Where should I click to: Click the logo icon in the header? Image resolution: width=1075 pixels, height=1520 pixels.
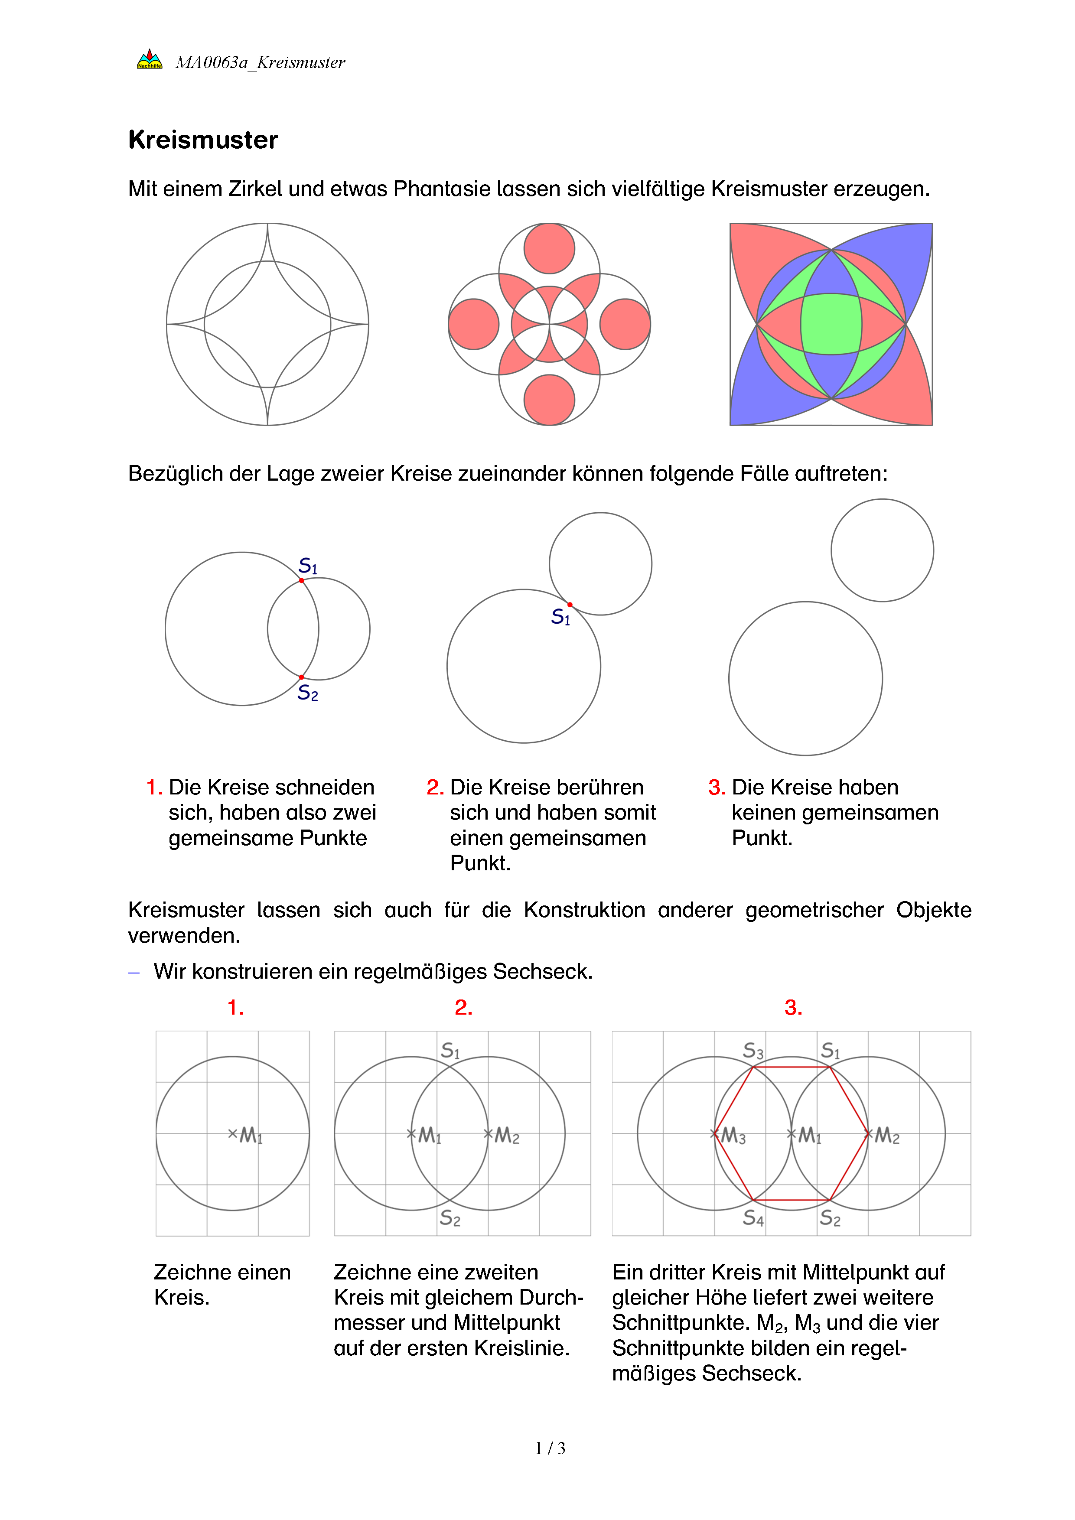[150, 59]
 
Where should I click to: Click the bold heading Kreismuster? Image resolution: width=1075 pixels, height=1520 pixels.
[203, 140]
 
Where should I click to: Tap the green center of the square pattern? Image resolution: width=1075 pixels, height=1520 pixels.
[831, 324]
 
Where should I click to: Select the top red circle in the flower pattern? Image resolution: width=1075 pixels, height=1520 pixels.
[549, 248]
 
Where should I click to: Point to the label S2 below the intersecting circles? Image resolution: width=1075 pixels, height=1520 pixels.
[308, 693]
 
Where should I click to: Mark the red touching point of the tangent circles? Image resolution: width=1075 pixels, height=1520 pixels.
[569, 605]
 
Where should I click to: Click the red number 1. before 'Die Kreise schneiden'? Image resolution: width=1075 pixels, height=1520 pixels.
[154, 787]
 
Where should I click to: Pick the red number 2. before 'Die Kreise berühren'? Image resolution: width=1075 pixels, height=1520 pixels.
[435, 787]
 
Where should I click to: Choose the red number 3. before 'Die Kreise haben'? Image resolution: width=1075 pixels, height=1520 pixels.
[716, 787]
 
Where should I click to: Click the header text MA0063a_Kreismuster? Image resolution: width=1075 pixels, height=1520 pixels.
[260, 62]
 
